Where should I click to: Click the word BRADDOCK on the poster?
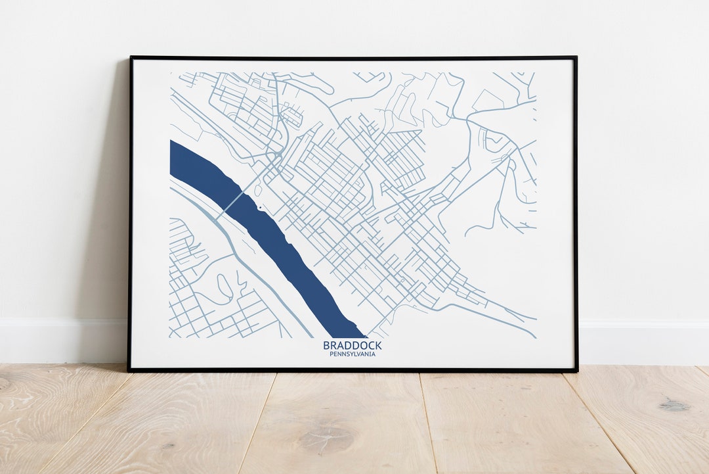click(x=352, y=345)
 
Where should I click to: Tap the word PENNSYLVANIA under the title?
click(x=353, y=354)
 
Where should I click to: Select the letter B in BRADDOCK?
click(x=326, y=345)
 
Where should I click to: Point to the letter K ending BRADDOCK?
click(x=377, y=345)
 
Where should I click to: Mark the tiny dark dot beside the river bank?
click(x=261, y=208)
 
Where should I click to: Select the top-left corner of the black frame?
click(x=131, y=58)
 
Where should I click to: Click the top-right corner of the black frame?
click(x=576, y=58)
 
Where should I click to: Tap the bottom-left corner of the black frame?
click(x=129, y=370)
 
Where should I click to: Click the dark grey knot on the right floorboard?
click(x=674, y=405)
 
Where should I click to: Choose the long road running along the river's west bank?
click(x=243, y=263)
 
